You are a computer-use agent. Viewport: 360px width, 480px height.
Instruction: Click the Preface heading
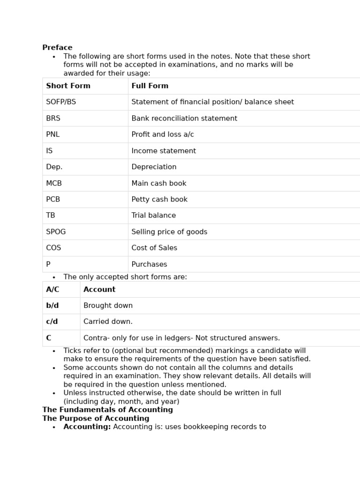pos(57,48)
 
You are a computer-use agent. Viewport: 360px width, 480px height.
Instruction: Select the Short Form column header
pos(68,86)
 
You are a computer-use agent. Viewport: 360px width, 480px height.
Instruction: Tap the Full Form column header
pos(150,86)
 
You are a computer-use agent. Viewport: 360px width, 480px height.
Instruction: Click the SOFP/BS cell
pos(61,102)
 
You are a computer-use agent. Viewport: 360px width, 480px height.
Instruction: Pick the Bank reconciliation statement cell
pos(184,119)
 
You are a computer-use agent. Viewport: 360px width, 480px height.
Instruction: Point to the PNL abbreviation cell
pos(53,135)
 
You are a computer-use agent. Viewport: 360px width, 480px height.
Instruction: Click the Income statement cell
pos(164,151)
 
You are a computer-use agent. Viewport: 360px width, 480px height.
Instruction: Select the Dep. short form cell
pos(54,167)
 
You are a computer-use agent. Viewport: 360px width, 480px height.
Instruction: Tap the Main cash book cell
pos(159,183)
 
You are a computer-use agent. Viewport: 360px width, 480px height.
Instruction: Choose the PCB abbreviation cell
pos(53,200)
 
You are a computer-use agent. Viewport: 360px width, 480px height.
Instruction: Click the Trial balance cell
pos(154,216)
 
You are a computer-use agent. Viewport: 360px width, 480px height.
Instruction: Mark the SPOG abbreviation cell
pos(56,232)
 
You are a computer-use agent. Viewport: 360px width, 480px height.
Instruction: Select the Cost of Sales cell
pos(154,248)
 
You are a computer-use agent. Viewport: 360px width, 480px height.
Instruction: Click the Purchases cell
pos(149,264)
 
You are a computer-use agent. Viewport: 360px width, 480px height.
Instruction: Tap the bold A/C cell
pos(52,290)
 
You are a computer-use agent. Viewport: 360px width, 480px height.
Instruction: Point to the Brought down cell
pos(108,306)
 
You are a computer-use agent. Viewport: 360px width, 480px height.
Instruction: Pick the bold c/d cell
pos(52,322)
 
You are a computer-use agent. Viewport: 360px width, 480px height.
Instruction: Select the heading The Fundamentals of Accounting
pos(107,410)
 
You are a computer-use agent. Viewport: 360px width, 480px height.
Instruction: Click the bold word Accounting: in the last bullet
pos(87,427)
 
